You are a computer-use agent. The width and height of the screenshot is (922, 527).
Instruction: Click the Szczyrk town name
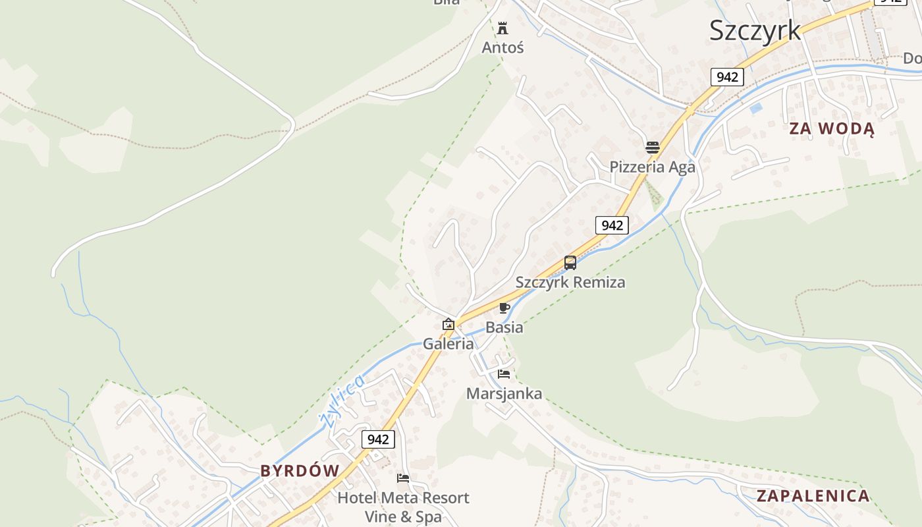coord(755,30)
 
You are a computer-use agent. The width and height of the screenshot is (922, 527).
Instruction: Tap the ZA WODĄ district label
coord(832,128)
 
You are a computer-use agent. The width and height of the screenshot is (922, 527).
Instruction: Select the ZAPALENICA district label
coord(813,496)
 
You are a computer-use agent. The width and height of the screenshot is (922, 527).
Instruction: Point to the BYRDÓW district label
coord(300,470)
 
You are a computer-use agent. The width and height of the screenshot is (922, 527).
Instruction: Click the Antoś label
coord(502,47)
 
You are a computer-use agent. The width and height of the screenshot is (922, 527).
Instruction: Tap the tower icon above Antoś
coord(503,28)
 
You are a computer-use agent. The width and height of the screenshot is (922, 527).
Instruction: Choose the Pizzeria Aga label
coord(652,167)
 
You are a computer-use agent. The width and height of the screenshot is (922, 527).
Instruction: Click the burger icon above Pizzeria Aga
coord(653,147)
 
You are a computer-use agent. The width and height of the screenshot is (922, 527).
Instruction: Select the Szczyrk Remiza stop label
coord(570,282)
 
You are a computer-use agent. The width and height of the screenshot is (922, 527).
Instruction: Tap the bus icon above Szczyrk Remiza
coord(570,263)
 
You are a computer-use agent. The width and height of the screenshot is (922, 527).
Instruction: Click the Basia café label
coord(504,327)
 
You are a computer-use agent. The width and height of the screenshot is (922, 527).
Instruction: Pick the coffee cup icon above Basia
coord(504,308)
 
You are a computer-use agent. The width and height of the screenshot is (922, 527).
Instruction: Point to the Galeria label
coord(448,343)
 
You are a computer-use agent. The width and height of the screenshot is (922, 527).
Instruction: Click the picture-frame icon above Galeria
coord(448,324)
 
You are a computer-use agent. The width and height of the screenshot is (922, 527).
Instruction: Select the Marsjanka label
coord(504,393)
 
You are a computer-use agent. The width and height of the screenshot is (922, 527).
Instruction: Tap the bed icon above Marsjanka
coord(504,374)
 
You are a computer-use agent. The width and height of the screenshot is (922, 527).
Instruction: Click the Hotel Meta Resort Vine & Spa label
coord(403,507)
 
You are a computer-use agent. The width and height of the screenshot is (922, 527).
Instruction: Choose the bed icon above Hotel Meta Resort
coord(403,478)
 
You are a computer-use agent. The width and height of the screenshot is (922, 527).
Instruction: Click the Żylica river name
coord(341,400)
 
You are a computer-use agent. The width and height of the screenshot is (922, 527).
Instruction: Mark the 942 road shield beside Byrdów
coord(378,439)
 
